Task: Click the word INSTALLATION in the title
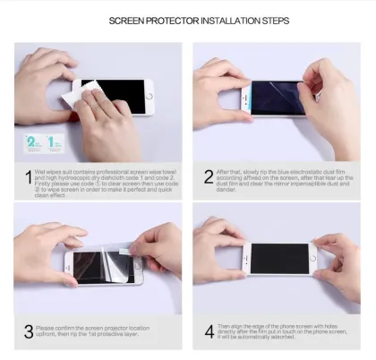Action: (x=216, y=20)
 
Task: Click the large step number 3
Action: (x=28, y=332)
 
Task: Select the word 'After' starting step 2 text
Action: (x=224, y=170)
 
